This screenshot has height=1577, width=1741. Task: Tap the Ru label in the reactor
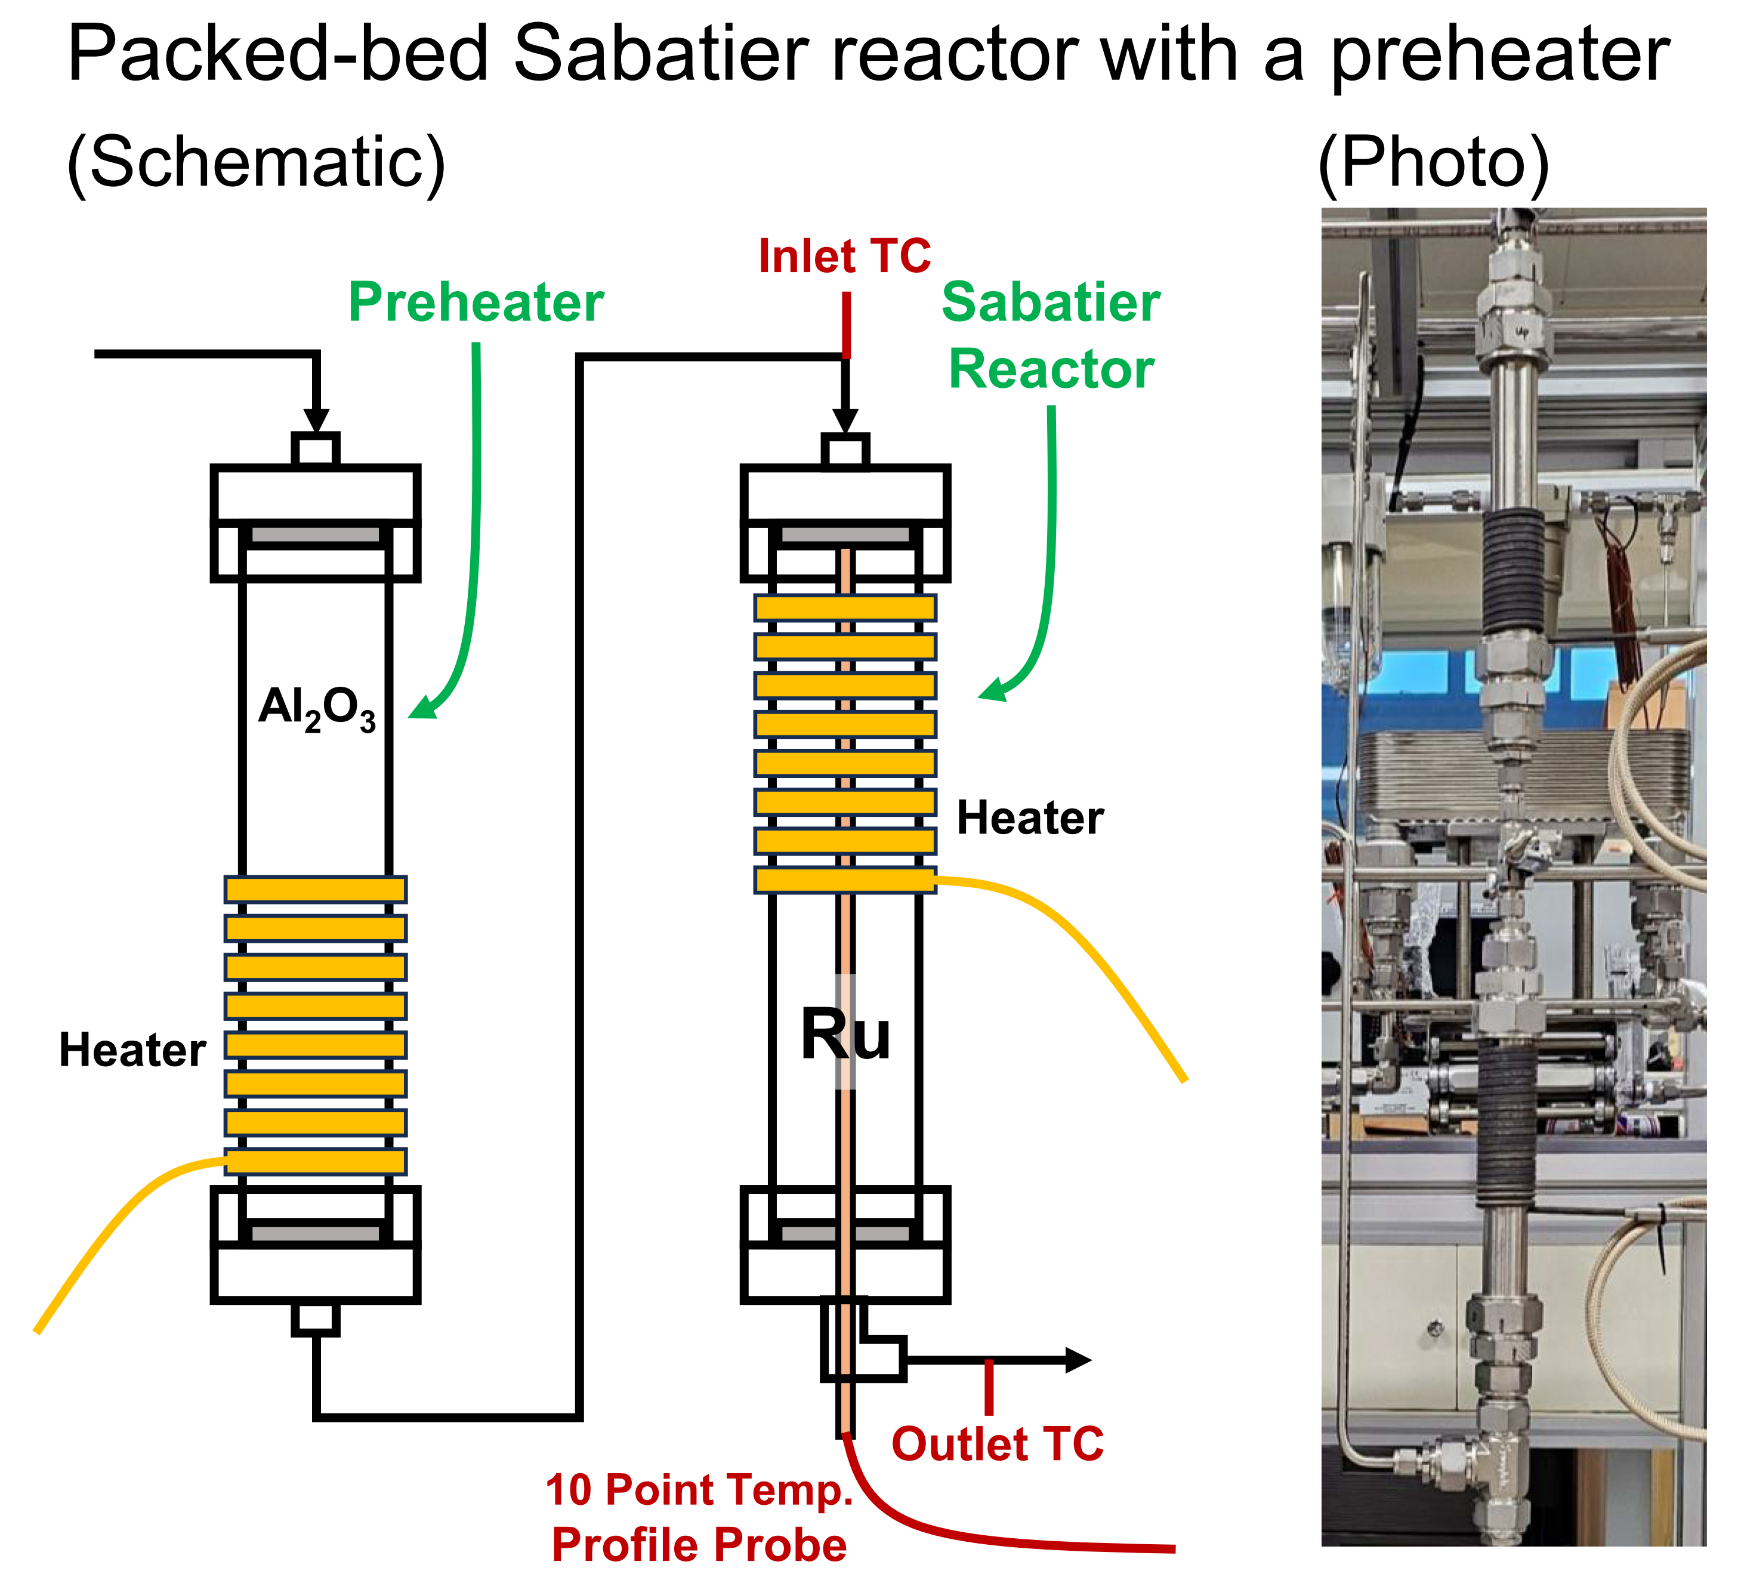tap(845, 1034)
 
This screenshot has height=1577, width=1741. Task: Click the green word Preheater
tap(476, 303)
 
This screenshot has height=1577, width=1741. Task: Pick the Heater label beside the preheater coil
tap(132, 1050)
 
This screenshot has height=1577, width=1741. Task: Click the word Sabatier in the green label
tap(1050, 303)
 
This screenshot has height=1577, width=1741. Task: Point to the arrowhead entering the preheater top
tap(316, 419)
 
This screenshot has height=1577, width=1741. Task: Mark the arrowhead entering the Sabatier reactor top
tap(845, 419)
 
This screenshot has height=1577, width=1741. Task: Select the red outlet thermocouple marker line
tap(989, 1386)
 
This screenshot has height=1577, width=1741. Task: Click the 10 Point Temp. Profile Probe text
tap(699, 1517)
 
